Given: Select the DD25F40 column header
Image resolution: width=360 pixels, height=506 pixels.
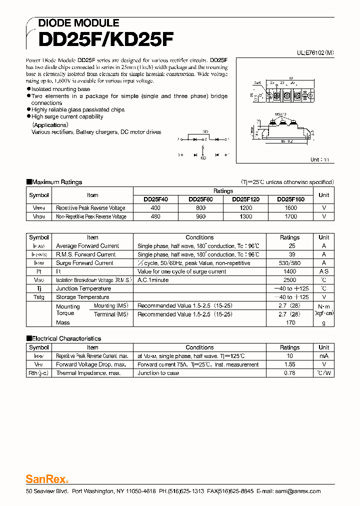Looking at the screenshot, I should coord(155,199).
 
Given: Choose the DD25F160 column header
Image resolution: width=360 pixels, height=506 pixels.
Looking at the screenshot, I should coord(290,199).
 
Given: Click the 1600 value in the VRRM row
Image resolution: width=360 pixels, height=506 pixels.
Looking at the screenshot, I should coord(290,208).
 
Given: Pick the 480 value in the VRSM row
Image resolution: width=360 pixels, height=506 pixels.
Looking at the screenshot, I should coord(155,216).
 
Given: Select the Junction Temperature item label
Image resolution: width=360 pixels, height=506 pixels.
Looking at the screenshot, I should coord(83,288).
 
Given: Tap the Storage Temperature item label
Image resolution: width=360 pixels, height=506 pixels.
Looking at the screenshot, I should coord(82,297).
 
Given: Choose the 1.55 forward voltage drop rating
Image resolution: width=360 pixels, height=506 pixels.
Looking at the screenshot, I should coord(289,364).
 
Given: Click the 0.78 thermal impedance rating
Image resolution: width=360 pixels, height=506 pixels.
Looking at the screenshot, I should coord(289,373).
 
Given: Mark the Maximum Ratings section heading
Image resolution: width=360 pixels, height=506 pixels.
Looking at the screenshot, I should coord(56,182).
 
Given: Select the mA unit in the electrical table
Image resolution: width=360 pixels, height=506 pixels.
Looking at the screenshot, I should coord(324,356).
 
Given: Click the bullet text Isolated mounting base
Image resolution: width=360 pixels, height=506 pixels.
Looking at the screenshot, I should coord(60,89).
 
